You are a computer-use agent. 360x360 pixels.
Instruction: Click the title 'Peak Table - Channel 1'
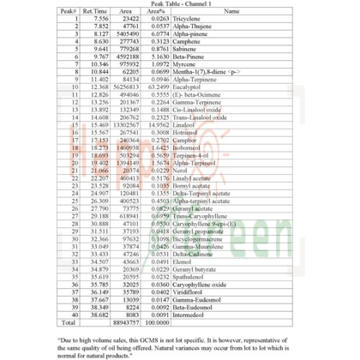[x=179, y=4]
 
